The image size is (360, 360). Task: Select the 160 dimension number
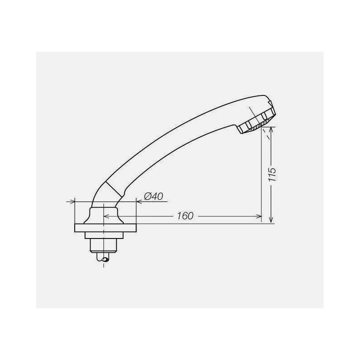[185, 216]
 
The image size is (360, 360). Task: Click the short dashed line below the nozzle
[270, 132]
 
